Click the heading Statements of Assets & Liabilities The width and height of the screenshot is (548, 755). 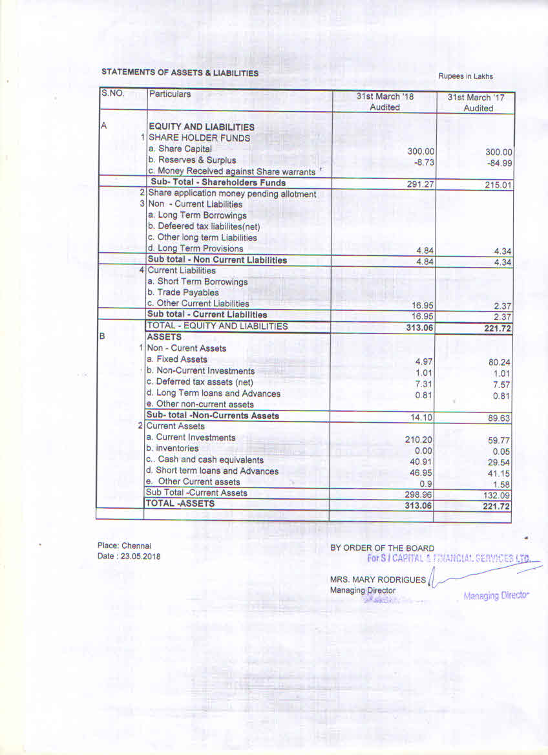click(180, 73)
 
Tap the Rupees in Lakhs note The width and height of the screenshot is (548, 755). click(465, 76)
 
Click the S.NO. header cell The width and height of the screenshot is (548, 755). click(112, 94)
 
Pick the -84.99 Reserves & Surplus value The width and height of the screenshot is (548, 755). click(500, 164)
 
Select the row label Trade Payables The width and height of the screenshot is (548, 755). click(187, 293)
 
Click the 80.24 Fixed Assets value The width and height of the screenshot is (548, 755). click(500, 363)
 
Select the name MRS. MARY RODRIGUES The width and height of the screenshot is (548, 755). click(377, 580)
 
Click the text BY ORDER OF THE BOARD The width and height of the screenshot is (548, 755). click(382, 548)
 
